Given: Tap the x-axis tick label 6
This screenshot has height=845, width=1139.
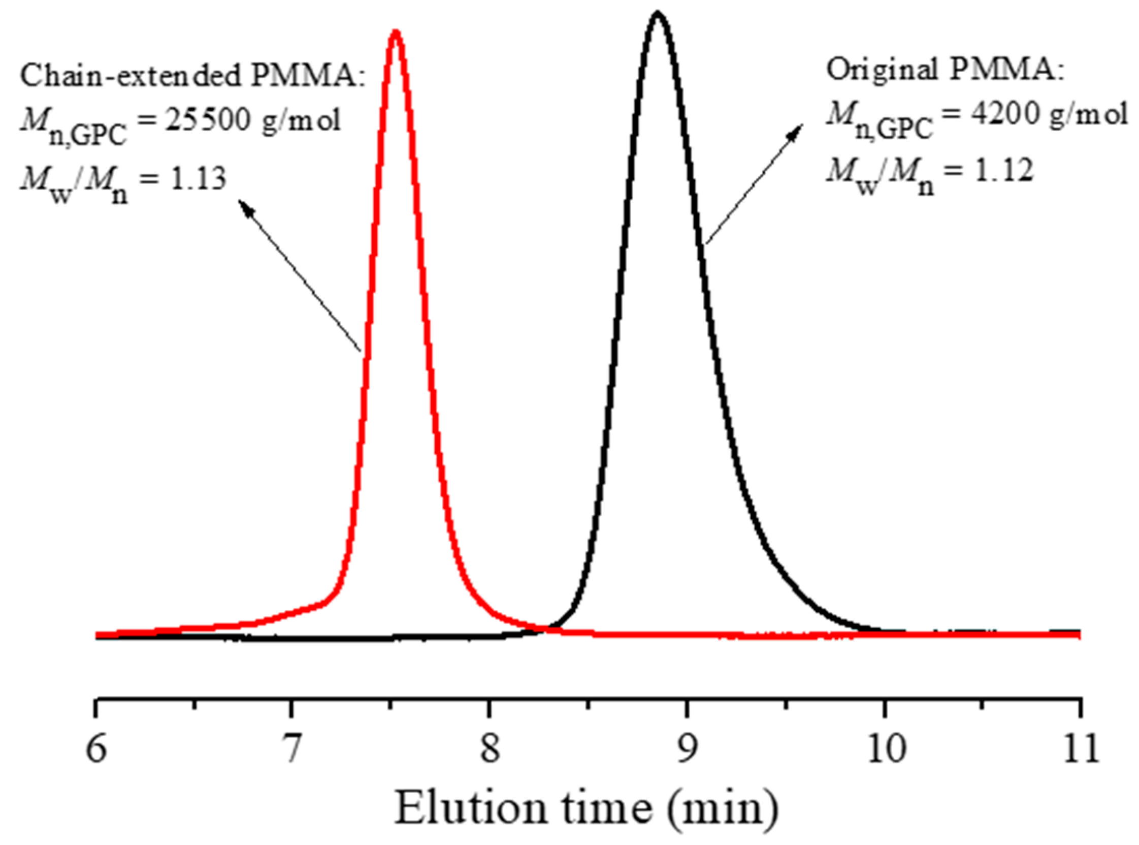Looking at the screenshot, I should click(x=96, y=749).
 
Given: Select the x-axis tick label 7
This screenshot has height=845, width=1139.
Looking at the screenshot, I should click(x=292, y=749).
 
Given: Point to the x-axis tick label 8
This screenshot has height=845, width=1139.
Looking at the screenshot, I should click(x=489, y=749).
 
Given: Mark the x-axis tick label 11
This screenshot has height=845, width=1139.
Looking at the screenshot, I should click(x=1081, y=749).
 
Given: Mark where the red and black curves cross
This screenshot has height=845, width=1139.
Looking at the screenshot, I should click(x=547, y=629).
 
